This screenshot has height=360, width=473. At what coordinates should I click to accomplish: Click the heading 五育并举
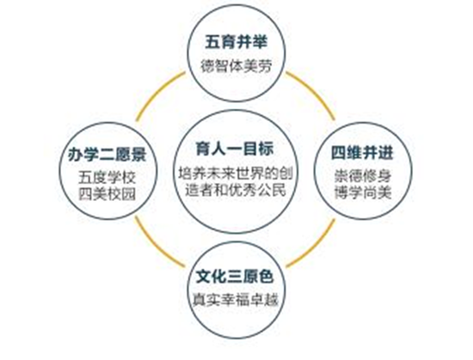236,41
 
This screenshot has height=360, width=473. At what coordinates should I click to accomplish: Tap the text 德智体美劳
236,65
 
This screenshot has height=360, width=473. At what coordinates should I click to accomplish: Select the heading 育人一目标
235,149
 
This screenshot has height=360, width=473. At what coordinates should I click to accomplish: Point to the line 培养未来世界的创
236,174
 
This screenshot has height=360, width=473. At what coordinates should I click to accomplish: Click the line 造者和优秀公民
236,191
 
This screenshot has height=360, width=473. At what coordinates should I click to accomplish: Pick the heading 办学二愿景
107,155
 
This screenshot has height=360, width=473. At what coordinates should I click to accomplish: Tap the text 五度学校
107,179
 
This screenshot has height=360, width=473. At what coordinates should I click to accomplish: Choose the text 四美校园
107,194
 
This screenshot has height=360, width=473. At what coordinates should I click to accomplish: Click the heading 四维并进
363,152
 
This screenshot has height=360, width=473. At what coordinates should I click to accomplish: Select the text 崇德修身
363,176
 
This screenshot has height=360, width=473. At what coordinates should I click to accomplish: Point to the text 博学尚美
363,192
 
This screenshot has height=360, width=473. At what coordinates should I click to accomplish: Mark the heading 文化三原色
235,277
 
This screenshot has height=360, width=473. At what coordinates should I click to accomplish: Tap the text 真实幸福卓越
236,300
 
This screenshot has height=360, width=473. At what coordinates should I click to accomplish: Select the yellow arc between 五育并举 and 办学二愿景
156,91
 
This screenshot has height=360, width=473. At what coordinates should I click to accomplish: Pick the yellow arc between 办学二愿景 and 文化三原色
155,247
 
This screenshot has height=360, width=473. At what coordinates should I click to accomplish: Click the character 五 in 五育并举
212,42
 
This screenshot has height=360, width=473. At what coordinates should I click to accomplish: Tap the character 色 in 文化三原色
267,277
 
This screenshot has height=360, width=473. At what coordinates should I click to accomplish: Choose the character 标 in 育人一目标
267,149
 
